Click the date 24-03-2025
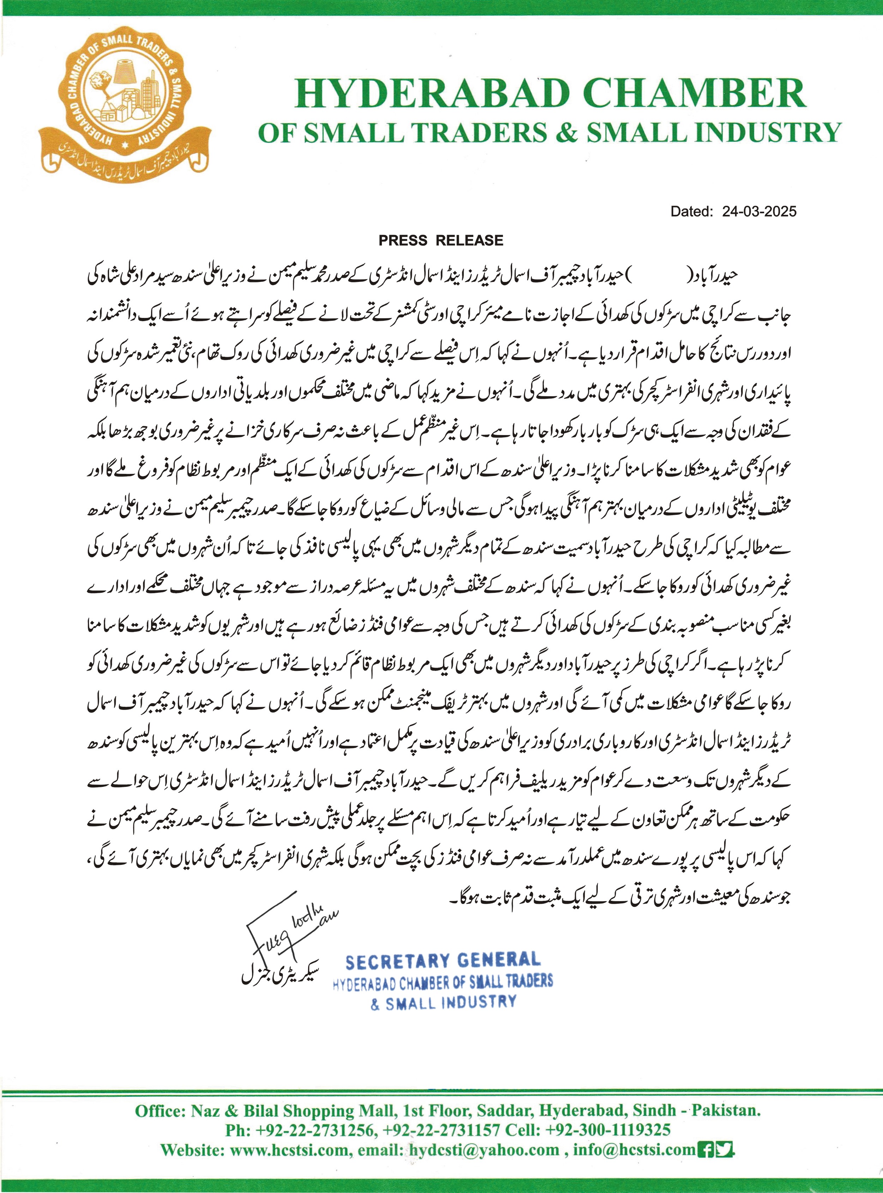tap(759, 212)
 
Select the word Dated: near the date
tap(692, 212)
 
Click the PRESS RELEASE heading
tap(441, 240)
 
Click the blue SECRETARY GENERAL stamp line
tap(443, 961)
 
